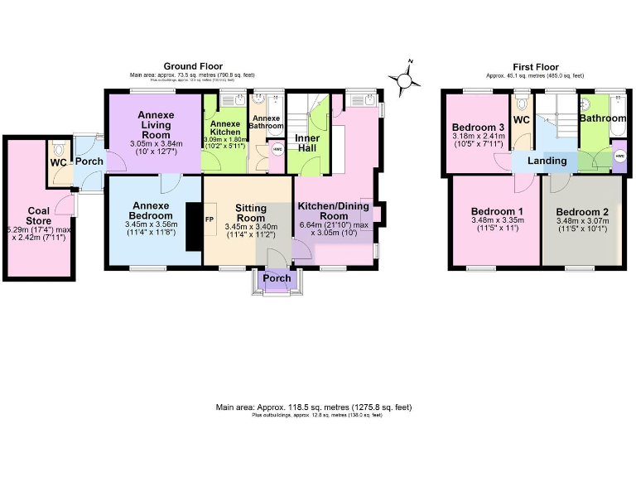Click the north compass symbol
[x=405, y=78]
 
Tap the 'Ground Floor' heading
[x=192, y=66]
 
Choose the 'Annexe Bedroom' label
[x=150, y=210]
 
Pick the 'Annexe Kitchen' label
[x=225, y=128]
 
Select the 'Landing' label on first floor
[x=548, y=161]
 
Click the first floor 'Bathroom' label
[x=603, y=118]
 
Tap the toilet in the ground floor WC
[x=56, y=150]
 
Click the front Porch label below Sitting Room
[x=277, y=278]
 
